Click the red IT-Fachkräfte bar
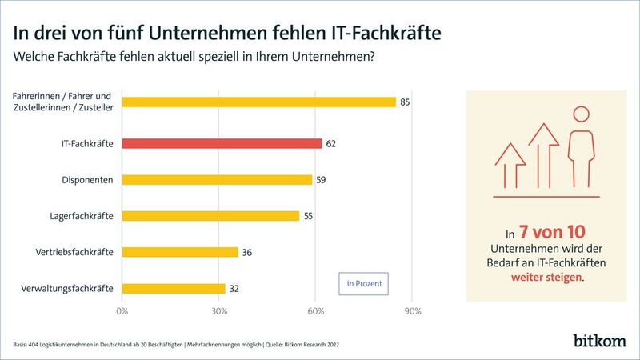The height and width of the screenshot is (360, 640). (222, 143)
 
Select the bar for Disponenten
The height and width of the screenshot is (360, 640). (217, 180)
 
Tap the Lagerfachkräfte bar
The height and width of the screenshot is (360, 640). (210, 216)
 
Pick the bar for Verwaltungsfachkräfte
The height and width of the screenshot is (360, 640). (174, 288)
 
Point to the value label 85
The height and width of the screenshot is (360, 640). (405, 102)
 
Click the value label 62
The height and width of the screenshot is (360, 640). (330, 144)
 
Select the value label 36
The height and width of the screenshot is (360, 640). (246, 252)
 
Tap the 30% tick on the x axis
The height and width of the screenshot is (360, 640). (219, 310)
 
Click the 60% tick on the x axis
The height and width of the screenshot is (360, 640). (315, 310)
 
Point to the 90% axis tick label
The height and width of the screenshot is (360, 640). (412, 310)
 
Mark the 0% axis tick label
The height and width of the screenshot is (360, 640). (122, 310)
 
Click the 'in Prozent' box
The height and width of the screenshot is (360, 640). (363, 283)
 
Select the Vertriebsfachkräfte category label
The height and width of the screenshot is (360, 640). (74, 252)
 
